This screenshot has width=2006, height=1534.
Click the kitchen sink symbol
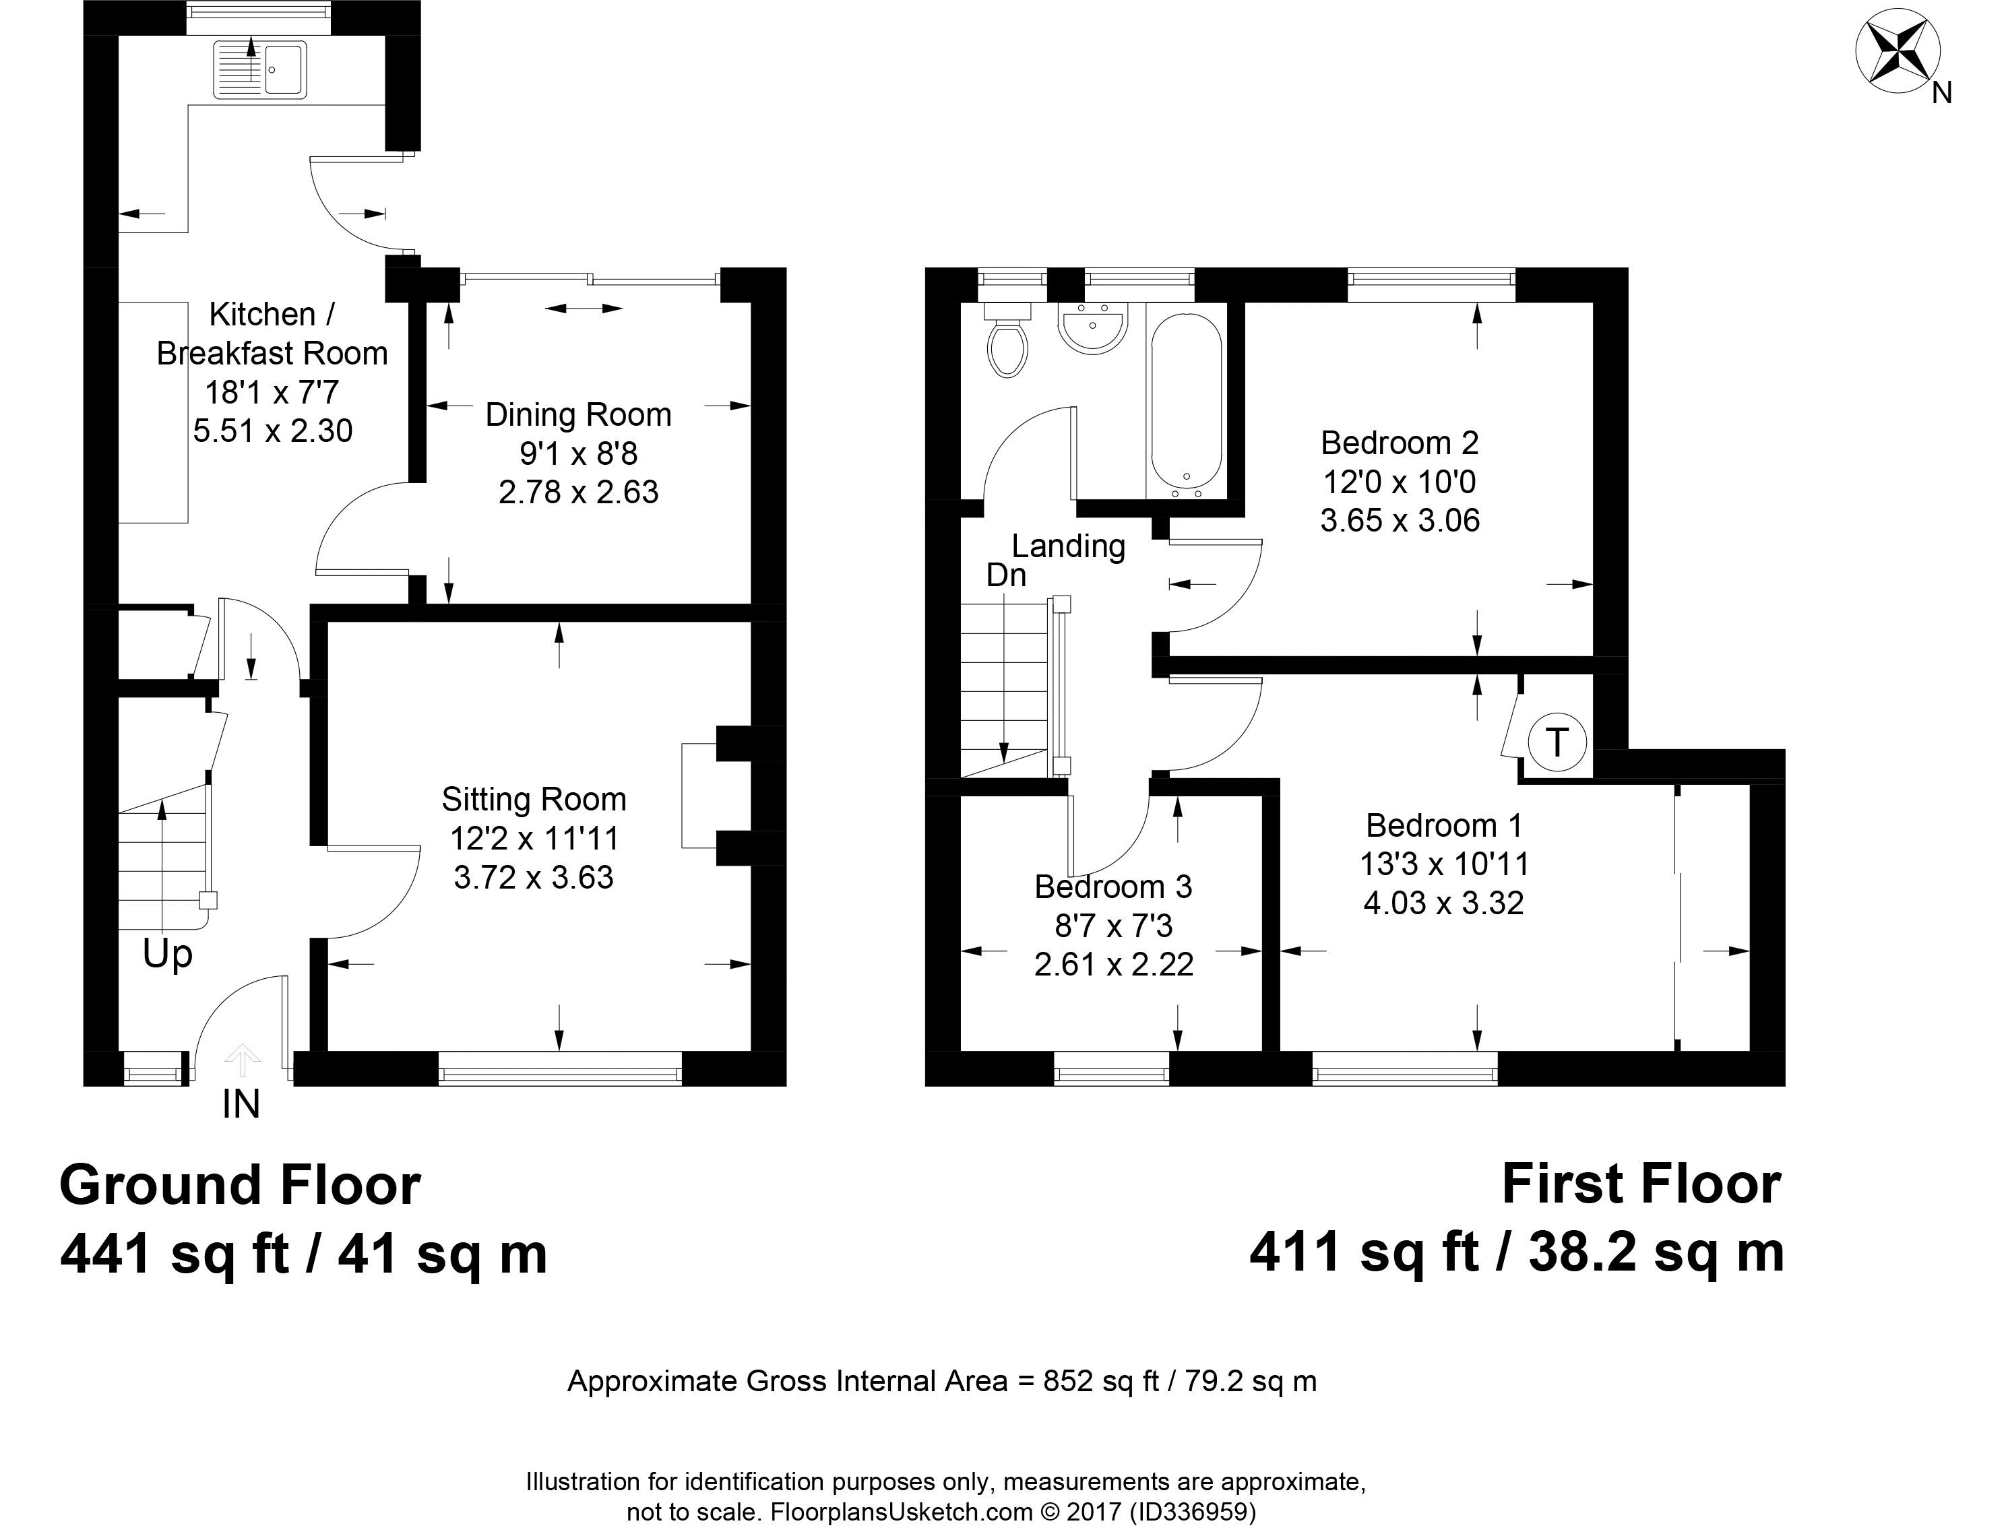pos(260,69)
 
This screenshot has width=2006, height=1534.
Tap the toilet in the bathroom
pos(1007,340)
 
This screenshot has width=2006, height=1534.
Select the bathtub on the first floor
pos(1185,406)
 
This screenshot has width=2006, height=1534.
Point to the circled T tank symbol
pos(1556,742)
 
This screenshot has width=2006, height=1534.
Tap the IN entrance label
pos(241,1105)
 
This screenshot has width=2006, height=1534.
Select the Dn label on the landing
pos(1006,575)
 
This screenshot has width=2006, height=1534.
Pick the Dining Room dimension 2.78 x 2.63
pos(578,492)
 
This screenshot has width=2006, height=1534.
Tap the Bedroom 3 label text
pos(1113,887)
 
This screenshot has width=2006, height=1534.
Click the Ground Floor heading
pos(240,1185)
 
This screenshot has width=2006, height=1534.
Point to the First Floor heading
pos(1641,1184)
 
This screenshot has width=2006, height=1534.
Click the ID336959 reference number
pos(1193,1512)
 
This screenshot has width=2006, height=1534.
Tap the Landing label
pos(1068,546)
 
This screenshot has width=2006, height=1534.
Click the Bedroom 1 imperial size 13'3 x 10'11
pos(1443,864)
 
